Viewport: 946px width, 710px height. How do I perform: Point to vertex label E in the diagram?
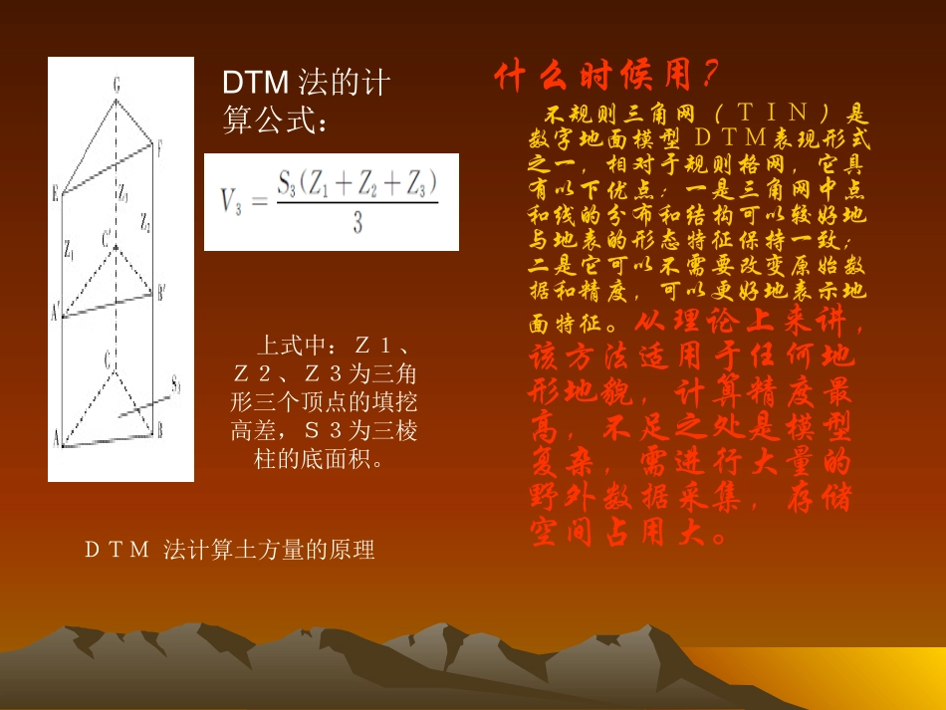[56, 193]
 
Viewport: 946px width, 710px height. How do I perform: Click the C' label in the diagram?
[107, 237]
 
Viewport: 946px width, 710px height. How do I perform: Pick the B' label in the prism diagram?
[161, 292]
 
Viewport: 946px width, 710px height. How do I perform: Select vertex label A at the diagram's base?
[56, 438]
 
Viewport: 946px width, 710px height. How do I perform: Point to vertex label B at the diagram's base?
[159, 430]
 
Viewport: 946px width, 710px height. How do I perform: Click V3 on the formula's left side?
[228, 203]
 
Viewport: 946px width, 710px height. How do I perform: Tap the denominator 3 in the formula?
[356, 225]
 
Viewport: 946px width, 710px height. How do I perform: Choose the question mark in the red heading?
[708, 75]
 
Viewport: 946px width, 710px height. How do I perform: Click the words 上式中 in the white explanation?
[291, 347]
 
